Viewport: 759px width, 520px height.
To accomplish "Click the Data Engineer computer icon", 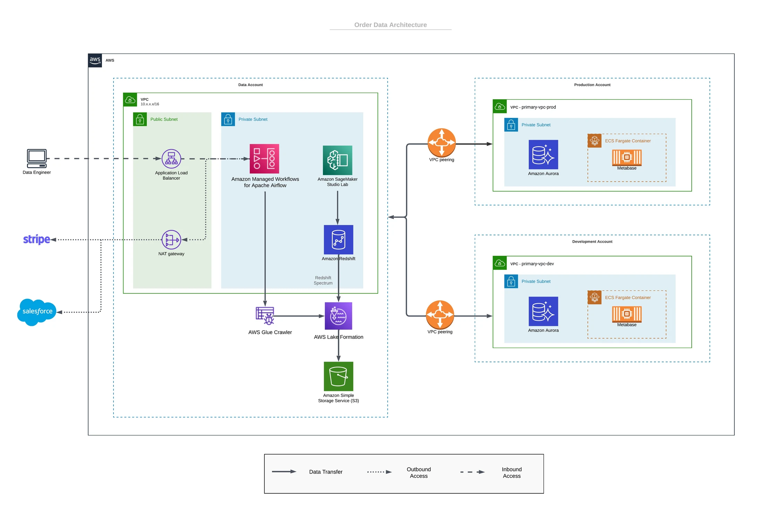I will (x=37, y=158).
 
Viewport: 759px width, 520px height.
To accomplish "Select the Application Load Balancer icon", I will (x=171, y=159).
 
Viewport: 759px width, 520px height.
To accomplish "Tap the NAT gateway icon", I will (x=171, y=240).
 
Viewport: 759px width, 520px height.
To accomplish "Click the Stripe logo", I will (x=36, y=239).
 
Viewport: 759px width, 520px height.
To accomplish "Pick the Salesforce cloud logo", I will (x=37, y=312).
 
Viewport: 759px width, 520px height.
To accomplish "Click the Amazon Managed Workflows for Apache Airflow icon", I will (x=264, y=159).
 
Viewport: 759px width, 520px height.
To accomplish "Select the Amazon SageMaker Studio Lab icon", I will (x=338, y=160).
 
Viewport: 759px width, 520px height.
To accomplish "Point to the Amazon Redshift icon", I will (x=338, y=240).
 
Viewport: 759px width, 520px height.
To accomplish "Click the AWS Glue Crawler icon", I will (x=265, y=315).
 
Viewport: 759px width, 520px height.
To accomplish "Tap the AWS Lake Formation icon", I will (x=338, y=316).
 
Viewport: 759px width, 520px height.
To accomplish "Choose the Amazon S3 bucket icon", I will (x=338, y=376).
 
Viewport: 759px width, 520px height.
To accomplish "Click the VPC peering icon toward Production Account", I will (x=442, y=142).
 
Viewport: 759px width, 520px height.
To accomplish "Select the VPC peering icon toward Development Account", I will (x=440, y=314).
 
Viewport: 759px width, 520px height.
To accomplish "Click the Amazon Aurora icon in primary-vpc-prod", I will (x=543, y=155).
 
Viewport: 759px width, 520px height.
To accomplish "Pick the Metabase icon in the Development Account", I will (x=627, y=314).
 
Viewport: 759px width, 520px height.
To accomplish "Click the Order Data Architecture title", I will (x=390, y=25).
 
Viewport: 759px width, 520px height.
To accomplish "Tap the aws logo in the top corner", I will (x=95, y=60).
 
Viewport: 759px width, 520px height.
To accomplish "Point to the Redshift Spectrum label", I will (x=323, y=280).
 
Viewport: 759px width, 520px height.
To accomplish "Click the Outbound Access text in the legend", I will (x=419, y=473).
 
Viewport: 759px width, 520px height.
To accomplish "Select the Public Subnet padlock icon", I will (x=140, y=119).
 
